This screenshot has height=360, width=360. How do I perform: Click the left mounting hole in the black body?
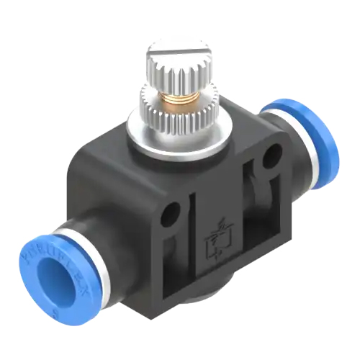pos(171,214)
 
